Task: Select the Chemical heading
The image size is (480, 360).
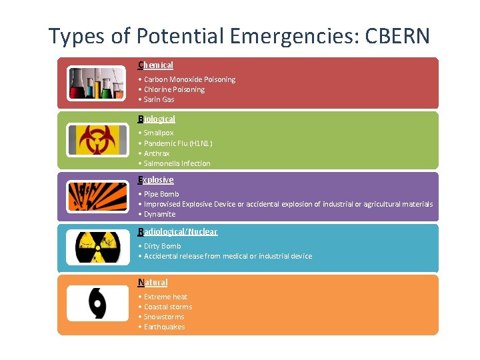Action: (x=156, y=65)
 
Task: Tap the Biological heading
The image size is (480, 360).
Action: (x=157, y=119)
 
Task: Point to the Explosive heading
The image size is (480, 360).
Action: (x=156, y=180)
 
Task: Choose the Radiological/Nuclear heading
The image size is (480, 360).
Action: (x=177, y=231)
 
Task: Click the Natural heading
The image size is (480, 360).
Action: (x=153, y=282)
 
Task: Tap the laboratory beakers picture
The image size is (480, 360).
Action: (x=97, y=83)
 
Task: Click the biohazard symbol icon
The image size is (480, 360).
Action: (x=97, y=139)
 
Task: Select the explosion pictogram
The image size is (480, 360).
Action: (x=97, y=197)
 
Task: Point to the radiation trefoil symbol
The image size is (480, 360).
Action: (x=97, y=247)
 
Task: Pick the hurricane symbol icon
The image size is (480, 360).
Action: (x=97, y=303)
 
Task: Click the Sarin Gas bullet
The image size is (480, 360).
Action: (x=159, y=99)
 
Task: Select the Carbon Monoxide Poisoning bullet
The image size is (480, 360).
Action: (x=189, y=79)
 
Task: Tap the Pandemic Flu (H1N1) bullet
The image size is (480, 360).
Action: (x=178, y=143)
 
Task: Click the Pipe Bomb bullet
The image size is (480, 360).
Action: (x=161, y=194)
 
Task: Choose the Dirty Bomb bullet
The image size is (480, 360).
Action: (x=162, y=246)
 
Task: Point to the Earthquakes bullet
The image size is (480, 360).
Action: (x=164, y=327)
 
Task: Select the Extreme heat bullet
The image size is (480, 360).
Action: (x=165, y=297)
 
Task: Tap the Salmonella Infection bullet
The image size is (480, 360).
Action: (x=177, y=163)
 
